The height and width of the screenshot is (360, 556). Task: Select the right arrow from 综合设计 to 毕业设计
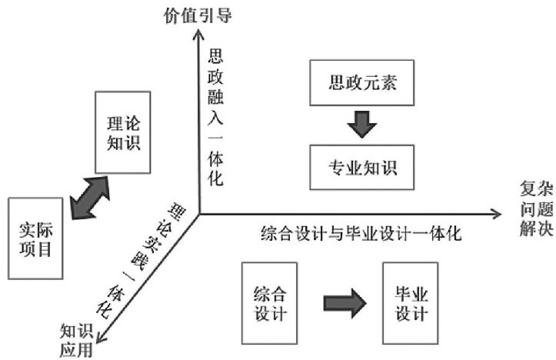[x=339, y=301]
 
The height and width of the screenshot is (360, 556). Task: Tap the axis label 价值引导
[x=201, y=14]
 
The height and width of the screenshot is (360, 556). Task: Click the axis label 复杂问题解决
[x=535, y=211]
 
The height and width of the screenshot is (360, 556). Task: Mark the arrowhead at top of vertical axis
[x=199, y=32]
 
